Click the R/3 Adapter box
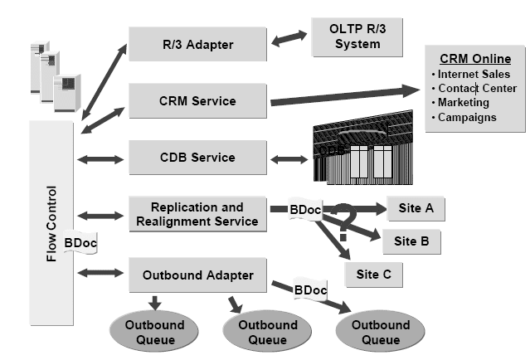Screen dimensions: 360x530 197,43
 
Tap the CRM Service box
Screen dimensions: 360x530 197,100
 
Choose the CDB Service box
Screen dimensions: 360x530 197,157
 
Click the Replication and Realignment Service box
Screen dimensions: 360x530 197,214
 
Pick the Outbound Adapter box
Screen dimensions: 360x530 197,274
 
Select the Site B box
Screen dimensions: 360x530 411,242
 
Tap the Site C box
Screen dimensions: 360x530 373,273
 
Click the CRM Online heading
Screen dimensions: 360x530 474,59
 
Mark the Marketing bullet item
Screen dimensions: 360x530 464,103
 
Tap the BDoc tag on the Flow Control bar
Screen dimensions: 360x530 80,242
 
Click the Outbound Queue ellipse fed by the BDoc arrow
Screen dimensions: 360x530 373,332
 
